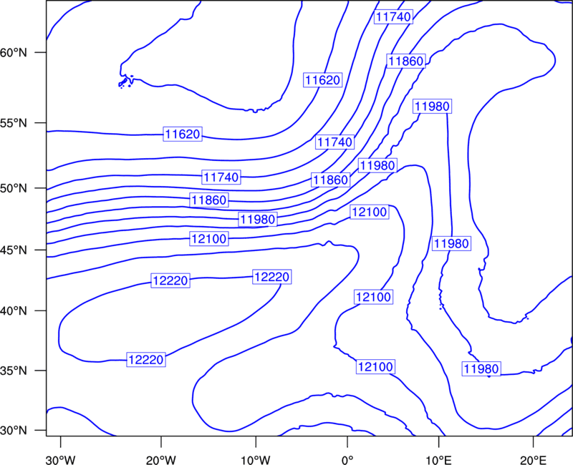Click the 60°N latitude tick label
[14, 52]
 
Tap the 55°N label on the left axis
[14, 123]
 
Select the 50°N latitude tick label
[14, 188]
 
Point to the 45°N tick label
[14, 250]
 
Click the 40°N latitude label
[14, 311]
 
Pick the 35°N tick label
[14, 371]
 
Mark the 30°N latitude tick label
[14, 431]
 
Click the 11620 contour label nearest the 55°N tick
[183, 134]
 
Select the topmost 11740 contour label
[393, 16]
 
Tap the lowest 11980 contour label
[481, 369]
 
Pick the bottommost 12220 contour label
[146, 360]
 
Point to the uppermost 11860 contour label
[406, 61]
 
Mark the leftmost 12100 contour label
[209, 239]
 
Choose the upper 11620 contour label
[323, 79]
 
